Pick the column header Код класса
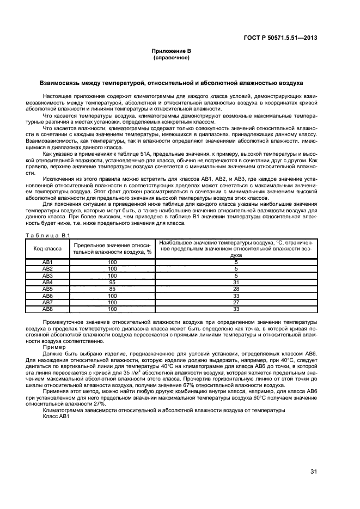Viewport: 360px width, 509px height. [x=47, y=248]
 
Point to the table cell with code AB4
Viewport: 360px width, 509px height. [x=47, y=283]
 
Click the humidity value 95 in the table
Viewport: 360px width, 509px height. [x=112, y=283]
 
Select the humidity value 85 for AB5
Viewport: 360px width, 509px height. [x=112, y=289]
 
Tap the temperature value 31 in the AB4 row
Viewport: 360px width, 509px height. [x=236, y=283]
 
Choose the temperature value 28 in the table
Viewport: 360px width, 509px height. [x=236, y=289]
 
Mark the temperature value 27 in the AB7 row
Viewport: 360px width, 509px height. [x=236, y=302]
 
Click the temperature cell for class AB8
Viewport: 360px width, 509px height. [x=236, y=309]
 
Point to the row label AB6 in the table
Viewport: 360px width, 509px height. [x=47, y=296]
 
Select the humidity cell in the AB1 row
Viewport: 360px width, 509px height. [x=112, y=262]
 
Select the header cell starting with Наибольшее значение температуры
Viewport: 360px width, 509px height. [x=236, y=248]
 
